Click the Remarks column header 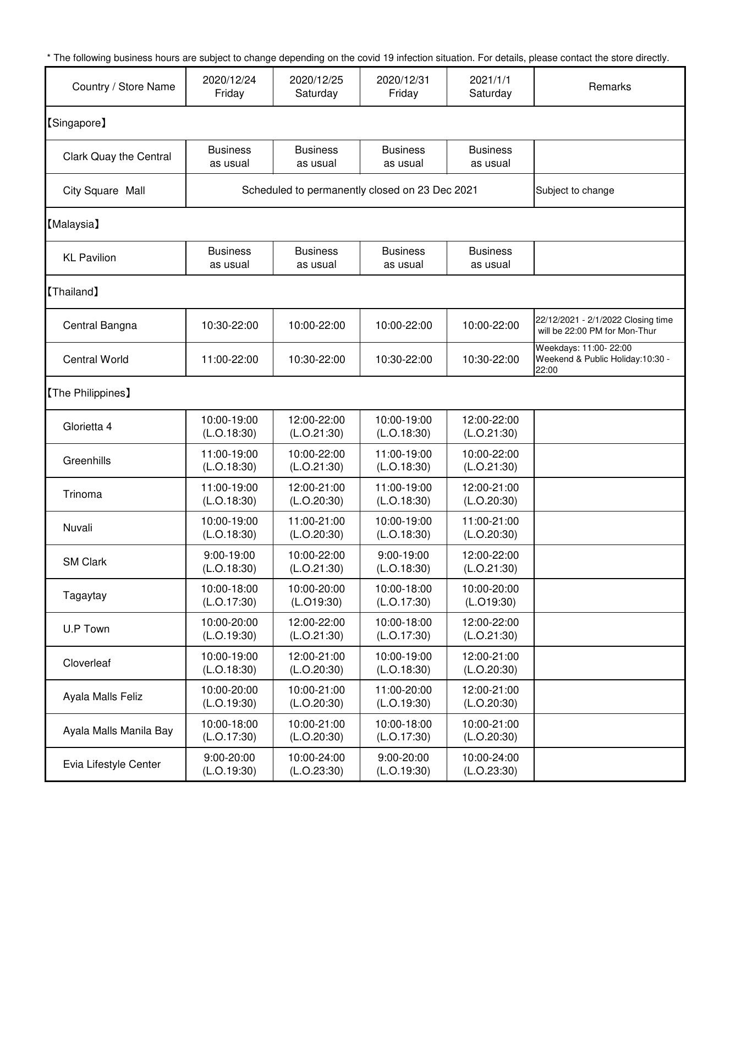[609, 87]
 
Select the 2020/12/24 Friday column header [229, 87]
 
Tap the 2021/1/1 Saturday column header [490, 87]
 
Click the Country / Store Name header [123, 87]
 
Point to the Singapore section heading [76, 123]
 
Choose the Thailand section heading [73, 292]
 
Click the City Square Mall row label [104, 191]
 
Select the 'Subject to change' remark [575, 191]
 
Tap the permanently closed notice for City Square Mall [360, 190]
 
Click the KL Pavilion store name [90, 258]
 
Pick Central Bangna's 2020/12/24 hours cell [229, 326]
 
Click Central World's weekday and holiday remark [602, 359]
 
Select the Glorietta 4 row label [87, 427]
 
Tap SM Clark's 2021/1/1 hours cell [490, 562]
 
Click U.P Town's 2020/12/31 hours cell [403, 629]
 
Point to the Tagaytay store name [85, 596]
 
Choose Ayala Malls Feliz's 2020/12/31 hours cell [403, 697]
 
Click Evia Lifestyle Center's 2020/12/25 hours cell [316, 765]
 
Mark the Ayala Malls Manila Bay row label [118, 731]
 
